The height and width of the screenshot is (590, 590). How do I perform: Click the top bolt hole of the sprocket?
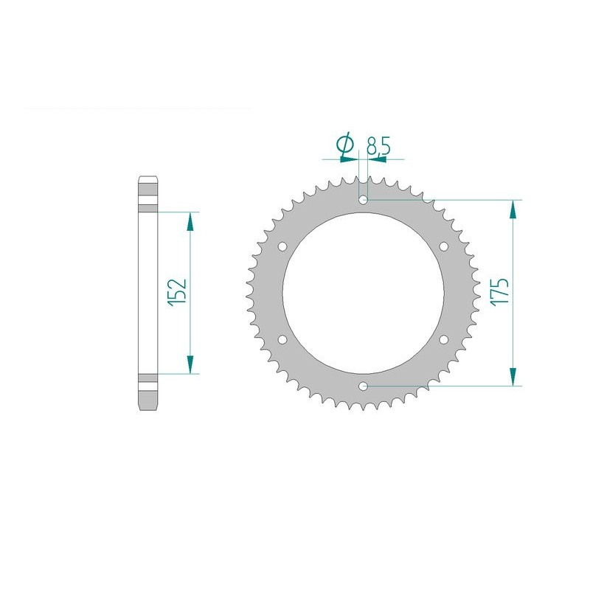(363, 199)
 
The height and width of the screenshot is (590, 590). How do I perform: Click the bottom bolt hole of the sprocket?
(363, 386)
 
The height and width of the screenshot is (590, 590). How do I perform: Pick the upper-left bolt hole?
(282, 246)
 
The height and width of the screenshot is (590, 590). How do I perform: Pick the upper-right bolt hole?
(444, 246)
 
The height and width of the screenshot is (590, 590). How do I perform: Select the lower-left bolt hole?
(282, 339)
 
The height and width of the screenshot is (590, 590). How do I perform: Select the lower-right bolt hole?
(444, 339)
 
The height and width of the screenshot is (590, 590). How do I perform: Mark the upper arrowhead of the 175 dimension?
(510, 209)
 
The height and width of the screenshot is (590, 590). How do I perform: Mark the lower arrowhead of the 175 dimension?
(510, 376)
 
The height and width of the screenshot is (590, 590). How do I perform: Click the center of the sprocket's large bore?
(363, 293)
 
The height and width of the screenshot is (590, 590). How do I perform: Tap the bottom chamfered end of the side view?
(146, 404)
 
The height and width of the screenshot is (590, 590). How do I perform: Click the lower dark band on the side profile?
(146, 383)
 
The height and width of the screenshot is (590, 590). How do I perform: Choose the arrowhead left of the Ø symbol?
(329, 157)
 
